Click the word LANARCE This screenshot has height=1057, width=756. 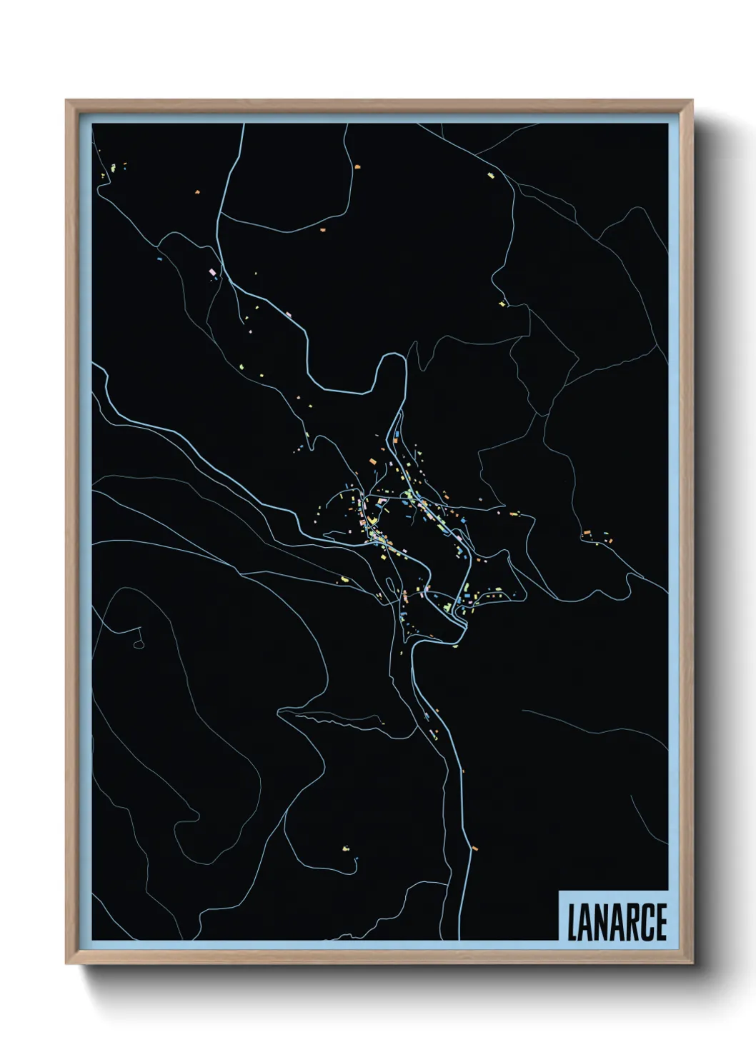617,922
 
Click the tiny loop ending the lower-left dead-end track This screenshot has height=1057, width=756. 139,644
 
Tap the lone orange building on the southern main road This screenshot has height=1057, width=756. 474,848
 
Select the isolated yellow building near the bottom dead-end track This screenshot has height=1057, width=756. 347,848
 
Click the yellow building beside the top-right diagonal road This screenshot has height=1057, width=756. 491,174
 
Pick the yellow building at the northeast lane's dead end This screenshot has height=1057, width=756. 503,305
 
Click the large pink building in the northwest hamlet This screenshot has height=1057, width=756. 212,271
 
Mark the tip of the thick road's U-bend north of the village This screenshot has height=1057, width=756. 392,356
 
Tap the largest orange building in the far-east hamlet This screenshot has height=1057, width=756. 587,533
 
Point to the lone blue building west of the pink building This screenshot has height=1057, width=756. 159,251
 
